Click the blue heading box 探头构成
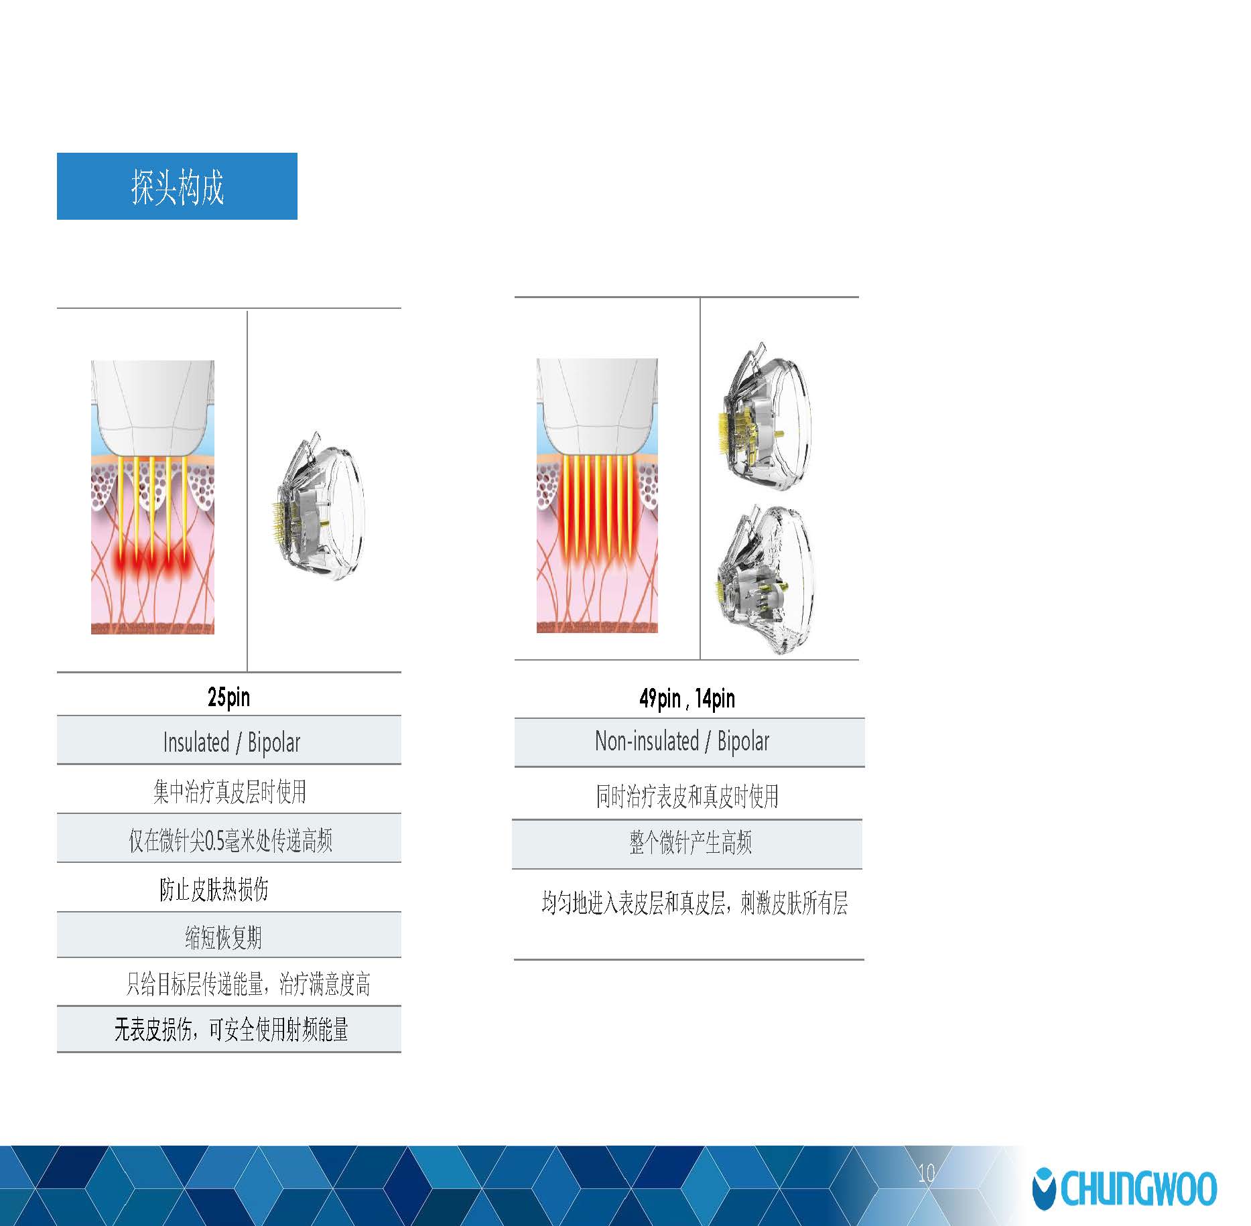[177, 186]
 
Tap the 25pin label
[229, 697]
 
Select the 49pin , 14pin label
[687, 699]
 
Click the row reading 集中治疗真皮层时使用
[229, 791]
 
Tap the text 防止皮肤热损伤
[214, 889]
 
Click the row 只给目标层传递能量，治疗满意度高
[248, 983]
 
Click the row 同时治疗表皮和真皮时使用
[687, 796]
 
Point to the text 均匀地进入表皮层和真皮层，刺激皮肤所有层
[695, 903]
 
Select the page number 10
[927, 1173]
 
